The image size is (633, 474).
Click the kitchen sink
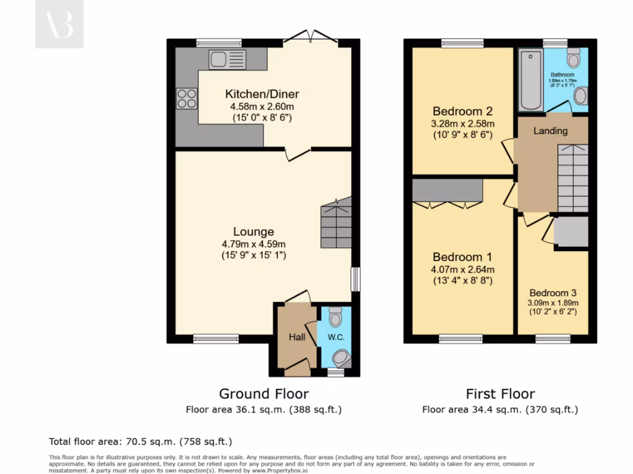point(227,59)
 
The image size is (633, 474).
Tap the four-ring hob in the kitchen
point(187,99)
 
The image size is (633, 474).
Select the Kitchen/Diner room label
point(261,94)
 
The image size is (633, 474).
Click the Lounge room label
point(253,232)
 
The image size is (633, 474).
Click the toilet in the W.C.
point(335,317)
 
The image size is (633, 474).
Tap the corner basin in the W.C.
point(342,357)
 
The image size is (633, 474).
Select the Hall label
point(297,337)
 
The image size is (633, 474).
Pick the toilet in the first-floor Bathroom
point(574,59)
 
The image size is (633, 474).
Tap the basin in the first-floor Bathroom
point(580,96)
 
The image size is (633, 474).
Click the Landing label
point(550,131)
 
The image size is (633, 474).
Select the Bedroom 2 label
point(462,112)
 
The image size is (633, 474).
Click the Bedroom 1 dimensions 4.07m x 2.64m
point(462,269)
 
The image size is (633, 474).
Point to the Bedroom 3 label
point(553,293)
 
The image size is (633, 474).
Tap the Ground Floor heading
point(264,394)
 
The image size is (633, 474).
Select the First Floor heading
point(500,394)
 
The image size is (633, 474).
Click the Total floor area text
point(140,441)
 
